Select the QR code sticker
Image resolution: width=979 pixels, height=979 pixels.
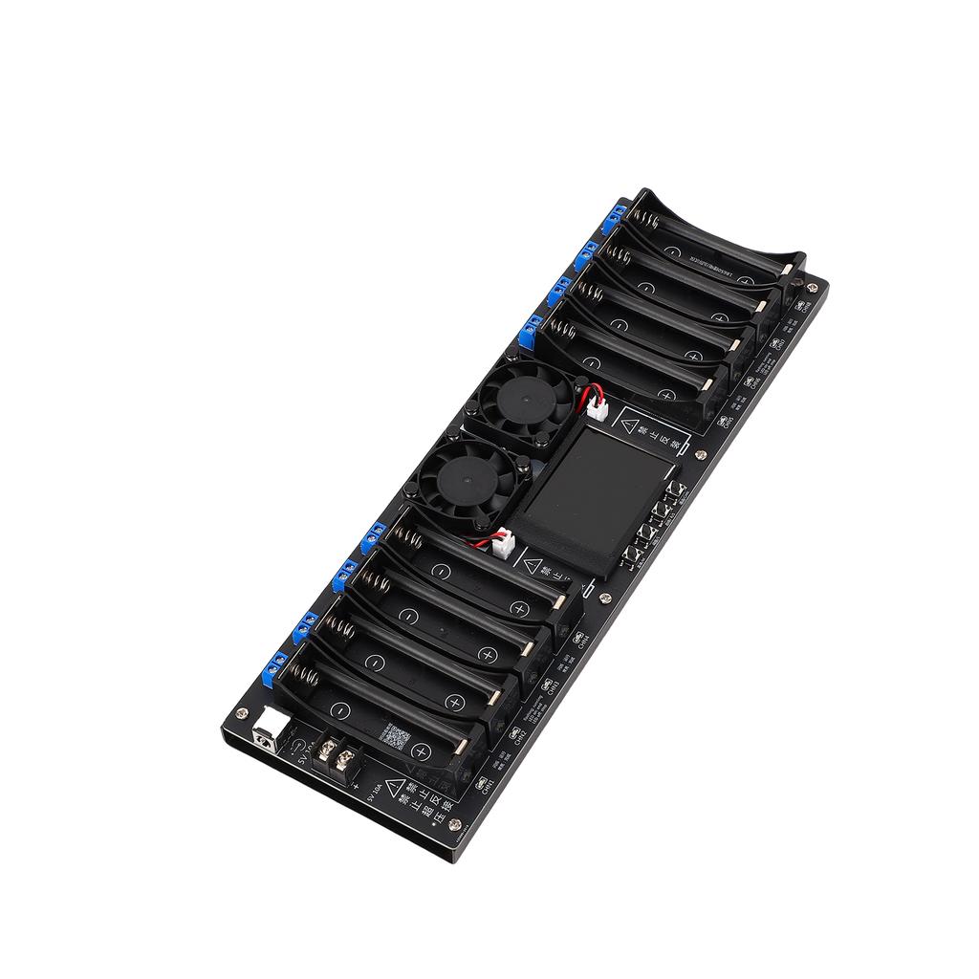396,737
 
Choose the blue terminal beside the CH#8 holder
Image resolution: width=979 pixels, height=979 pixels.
612,222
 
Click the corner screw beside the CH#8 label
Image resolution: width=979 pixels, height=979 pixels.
813,285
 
